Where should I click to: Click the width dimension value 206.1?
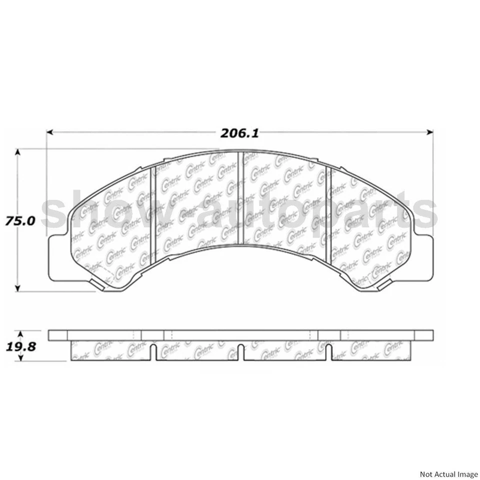click(x=239, y=133)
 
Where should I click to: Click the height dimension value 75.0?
click(x=20, y=220)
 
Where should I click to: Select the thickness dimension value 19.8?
click(x=20, y=345)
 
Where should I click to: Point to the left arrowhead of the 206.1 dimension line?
click(x=50, y=133)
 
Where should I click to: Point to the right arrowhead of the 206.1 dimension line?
click(x=429, y=133)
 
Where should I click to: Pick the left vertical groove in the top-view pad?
click(x=153, y=210)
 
